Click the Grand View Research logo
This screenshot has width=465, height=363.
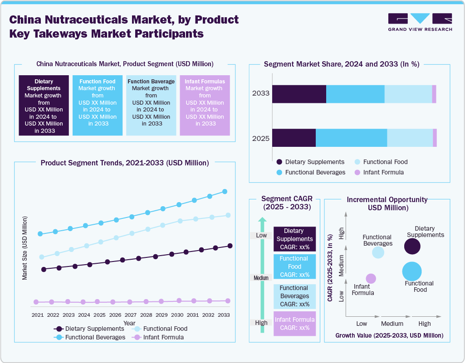[420, 22]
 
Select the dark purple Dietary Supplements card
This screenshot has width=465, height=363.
[44, 105]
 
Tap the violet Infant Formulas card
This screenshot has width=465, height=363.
[205, 105]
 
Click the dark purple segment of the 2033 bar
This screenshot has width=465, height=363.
[299, 94]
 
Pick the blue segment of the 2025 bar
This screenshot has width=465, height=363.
[351, 138]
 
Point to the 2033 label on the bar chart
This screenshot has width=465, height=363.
[261, 94]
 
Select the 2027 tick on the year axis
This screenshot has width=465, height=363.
[131, 315]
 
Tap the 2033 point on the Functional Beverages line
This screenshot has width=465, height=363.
[225, 192]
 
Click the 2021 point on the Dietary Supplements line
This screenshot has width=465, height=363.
[44, 269]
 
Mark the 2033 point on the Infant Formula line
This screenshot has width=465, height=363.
[228, 300]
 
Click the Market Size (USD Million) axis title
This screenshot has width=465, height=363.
[25, 248]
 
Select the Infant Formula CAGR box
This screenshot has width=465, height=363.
[294, 324]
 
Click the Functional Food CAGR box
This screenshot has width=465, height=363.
[294, 266]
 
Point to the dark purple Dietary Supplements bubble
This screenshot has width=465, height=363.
[412, 247]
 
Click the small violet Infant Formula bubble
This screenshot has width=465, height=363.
[371, 278]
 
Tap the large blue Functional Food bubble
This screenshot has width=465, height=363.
[412, 271]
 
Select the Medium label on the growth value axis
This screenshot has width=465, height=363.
[392, 324]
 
